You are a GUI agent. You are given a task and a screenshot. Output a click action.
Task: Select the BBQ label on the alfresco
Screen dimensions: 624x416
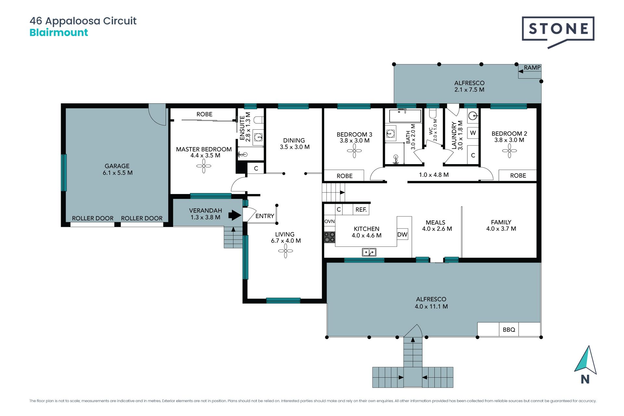[509, 330]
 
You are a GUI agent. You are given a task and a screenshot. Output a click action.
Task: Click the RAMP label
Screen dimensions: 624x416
[532, 68]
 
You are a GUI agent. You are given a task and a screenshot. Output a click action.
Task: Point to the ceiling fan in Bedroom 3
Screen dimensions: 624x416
[354, 150]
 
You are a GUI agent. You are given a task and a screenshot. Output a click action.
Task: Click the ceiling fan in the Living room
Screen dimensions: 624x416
[285, 251]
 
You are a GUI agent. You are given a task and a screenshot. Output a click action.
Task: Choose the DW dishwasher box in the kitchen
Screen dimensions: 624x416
[402, 234]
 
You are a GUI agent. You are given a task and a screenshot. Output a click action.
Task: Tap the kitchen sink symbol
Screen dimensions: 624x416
[369, 252]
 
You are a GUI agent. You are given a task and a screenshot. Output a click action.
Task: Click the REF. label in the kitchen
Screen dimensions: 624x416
[361, 210]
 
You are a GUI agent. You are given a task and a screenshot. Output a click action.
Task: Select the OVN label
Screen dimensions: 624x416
[330, 221]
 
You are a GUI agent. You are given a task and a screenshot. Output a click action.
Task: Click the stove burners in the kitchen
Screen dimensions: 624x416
[330, 237]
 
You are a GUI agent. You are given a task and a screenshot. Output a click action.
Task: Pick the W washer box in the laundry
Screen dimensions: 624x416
[473, 133]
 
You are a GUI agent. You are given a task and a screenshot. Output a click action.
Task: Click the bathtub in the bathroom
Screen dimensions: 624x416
[405, 115]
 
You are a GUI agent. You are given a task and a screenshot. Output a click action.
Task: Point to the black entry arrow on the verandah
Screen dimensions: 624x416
[235, 215]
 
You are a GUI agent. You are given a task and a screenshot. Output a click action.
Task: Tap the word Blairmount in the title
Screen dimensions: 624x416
[59, 32]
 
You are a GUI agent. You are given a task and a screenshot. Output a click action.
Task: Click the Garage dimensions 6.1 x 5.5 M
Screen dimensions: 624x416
[118, 173]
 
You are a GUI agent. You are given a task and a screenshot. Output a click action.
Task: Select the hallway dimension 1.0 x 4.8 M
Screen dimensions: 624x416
[434, 175]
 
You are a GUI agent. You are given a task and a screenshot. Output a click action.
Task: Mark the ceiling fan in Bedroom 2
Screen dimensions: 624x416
[509, 150]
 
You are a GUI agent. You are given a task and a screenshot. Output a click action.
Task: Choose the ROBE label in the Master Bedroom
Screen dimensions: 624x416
[204, 114]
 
